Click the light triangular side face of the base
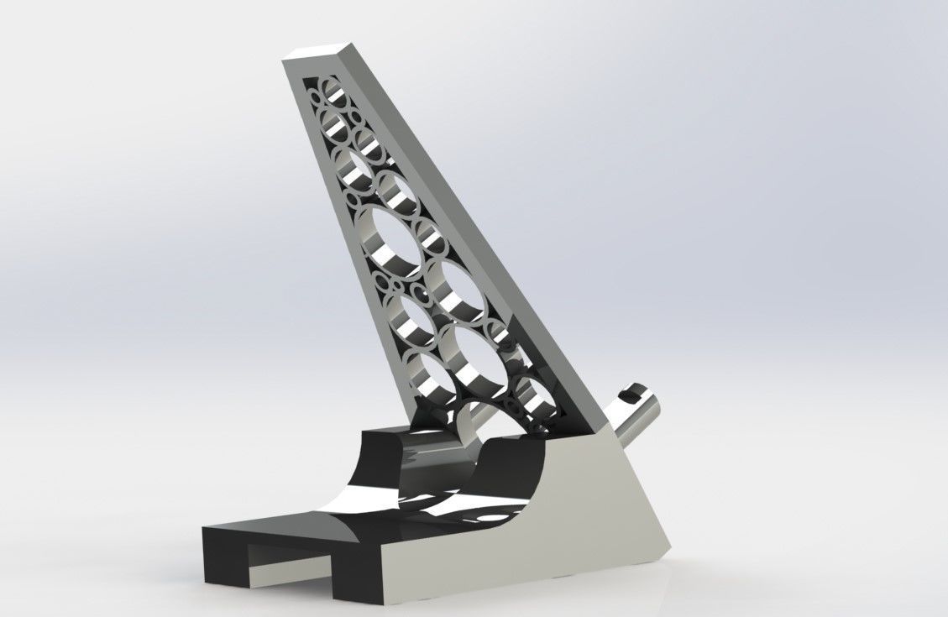tap(579, 512)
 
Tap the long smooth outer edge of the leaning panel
tap(479, 235)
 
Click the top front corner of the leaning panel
tap(286, 57)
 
